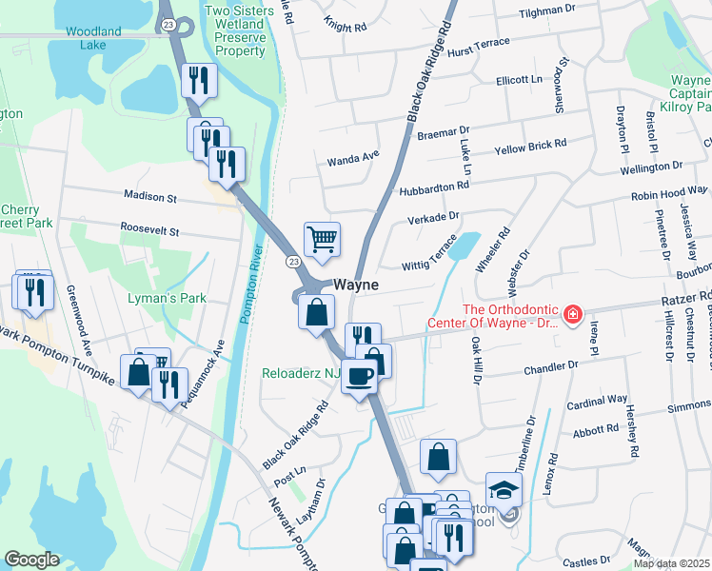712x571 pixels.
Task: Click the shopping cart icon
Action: coord(323,241)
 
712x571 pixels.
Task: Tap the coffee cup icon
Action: coord(359,377)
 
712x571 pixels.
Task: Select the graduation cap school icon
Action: coord(504,490)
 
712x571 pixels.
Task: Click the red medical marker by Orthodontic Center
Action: coord(572,313)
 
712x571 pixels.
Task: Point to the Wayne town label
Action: coord(356,285)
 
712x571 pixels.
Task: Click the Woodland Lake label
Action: coord(94,38)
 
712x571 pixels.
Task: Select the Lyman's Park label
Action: coord(168,298)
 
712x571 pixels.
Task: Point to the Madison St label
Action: coord(150,198)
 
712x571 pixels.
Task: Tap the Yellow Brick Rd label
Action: coord(530,148)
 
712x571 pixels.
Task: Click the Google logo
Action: coord(31,560)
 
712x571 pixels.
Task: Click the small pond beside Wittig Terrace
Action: coord(464,247)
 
